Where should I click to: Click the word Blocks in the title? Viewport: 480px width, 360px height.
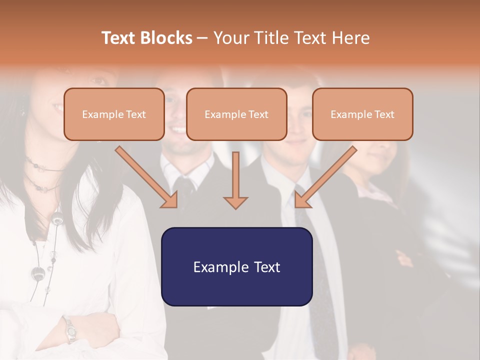point(165,38)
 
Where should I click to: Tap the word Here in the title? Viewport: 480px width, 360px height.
point(351,38)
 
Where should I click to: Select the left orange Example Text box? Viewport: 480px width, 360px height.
point(114,114)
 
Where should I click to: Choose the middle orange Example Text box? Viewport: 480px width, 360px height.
point(236,114)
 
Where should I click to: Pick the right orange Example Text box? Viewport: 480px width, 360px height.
point(362,114)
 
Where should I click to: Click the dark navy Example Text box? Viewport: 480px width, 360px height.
point(236,266)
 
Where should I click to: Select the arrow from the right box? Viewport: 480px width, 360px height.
point(325,177)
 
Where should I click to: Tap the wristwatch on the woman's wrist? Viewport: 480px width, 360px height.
point(69,330)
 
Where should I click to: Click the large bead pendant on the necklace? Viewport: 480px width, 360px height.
point(38,273)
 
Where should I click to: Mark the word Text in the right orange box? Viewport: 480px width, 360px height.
point(384,114)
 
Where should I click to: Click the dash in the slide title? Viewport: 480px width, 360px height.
point(202,38)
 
